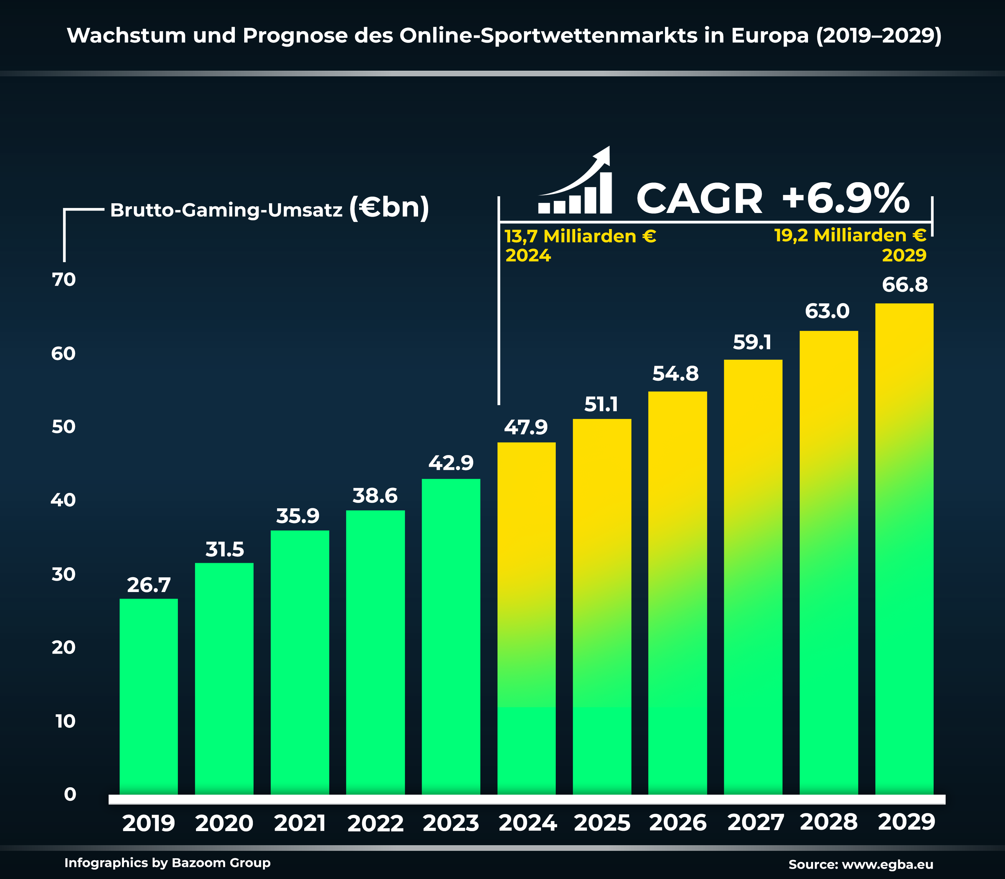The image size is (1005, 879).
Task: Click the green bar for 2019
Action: click(x=149, y=697)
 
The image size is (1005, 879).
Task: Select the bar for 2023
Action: click(x=451, y=638)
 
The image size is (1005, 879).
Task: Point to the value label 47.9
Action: click(x=526, y=428)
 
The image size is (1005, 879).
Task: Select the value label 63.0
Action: click(x=827, y=311)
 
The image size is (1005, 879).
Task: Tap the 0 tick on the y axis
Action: click(x=70, y=795)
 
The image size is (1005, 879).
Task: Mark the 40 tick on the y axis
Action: click(x=64, y=500)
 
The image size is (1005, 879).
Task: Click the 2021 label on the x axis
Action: click(x=300, y=823)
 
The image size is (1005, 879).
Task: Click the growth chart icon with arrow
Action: click(x=575, y=181)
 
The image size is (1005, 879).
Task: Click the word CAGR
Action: click(x=699, y=199)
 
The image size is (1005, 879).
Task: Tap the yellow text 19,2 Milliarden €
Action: click(x=850, y=235)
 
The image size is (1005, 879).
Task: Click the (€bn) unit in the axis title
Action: click(x=389, y=208)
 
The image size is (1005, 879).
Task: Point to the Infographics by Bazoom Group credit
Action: click(x=167, y=863)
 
